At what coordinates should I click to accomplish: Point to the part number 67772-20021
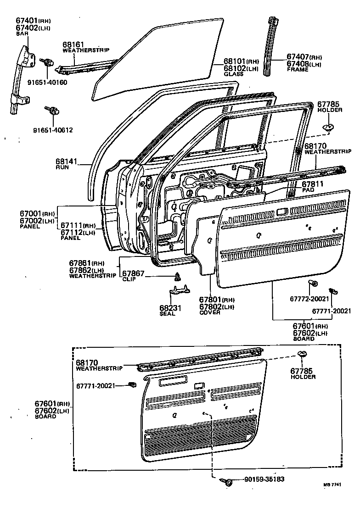pos(309,299)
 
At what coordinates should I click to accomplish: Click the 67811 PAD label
pos(311,186)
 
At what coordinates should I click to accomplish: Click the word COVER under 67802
pos(210,312)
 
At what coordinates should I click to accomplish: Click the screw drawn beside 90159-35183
pos(226,481)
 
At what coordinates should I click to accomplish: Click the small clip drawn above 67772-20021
pos(312,283)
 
